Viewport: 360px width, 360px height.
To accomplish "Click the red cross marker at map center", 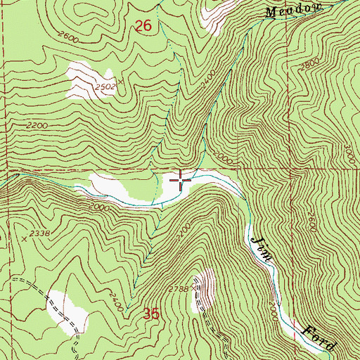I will click(x=181, y=181).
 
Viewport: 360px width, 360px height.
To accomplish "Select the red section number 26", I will click(x=143, y=27).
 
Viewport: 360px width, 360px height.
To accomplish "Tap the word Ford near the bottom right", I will click(x=320, y=339).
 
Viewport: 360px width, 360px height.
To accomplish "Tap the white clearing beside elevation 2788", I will click(x=207, y=288).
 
